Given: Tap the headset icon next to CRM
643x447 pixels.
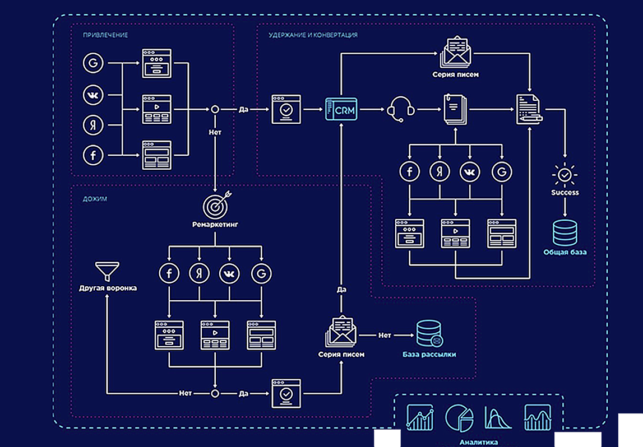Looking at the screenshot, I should (400, 109).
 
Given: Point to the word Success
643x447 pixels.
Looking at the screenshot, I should (565, 192).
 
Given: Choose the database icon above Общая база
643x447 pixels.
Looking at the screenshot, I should (565, 232).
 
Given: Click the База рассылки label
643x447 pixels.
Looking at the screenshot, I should (429, 355).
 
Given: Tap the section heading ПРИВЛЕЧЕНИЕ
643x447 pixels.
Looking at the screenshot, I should (105, 35).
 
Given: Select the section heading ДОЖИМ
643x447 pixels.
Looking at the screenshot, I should (95, 199).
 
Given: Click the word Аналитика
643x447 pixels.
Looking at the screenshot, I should (478, 442).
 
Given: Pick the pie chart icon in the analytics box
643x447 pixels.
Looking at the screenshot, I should (459, 417).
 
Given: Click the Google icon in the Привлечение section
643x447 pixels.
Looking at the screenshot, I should (92, 63).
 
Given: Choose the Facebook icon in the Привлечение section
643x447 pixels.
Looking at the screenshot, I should (92, 155).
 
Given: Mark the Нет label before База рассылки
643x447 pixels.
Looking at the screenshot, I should (385, 335).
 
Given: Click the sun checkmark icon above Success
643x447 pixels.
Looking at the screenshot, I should (565, 175).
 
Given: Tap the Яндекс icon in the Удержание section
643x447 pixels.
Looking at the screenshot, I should (440, 171).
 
